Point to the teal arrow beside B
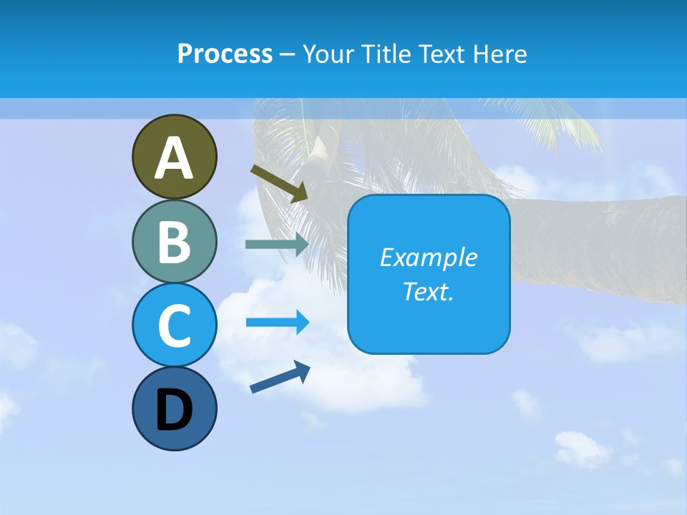[x=277, y=244]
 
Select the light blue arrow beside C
[x=278, y=322]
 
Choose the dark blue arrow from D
[x=280, y=377]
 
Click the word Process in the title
[x=225, y=54]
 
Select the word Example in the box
[x=428, y=257]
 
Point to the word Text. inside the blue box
[x=428, y=291]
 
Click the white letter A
[x=174, y=159]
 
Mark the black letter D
[x=174, y=411]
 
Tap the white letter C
[x=174, y=325]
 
